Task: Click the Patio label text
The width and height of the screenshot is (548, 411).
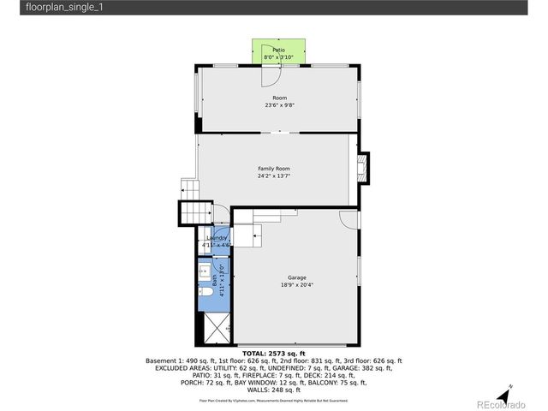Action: click(278, 51)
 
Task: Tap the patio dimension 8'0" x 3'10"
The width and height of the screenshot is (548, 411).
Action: click(278, 57)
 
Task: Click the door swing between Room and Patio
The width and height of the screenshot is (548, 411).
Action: click(269, 74)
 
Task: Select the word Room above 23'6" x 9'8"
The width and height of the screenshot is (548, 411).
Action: click(279, 98)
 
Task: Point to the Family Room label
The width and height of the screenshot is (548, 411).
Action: click(274, 169)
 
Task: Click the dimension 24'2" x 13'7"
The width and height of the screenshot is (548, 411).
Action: click(274, 176)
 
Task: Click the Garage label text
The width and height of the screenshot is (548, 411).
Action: click(296, 277)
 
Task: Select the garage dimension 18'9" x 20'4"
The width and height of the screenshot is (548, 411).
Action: click(296, 285)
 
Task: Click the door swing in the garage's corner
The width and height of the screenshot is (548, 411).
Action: click(348, 219)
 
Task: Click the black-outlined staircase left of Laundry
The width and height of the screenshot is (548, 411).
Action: click(194, 211)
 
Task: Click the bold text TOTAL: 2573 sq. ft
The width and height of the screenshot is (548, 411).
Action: click(274, 353)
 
